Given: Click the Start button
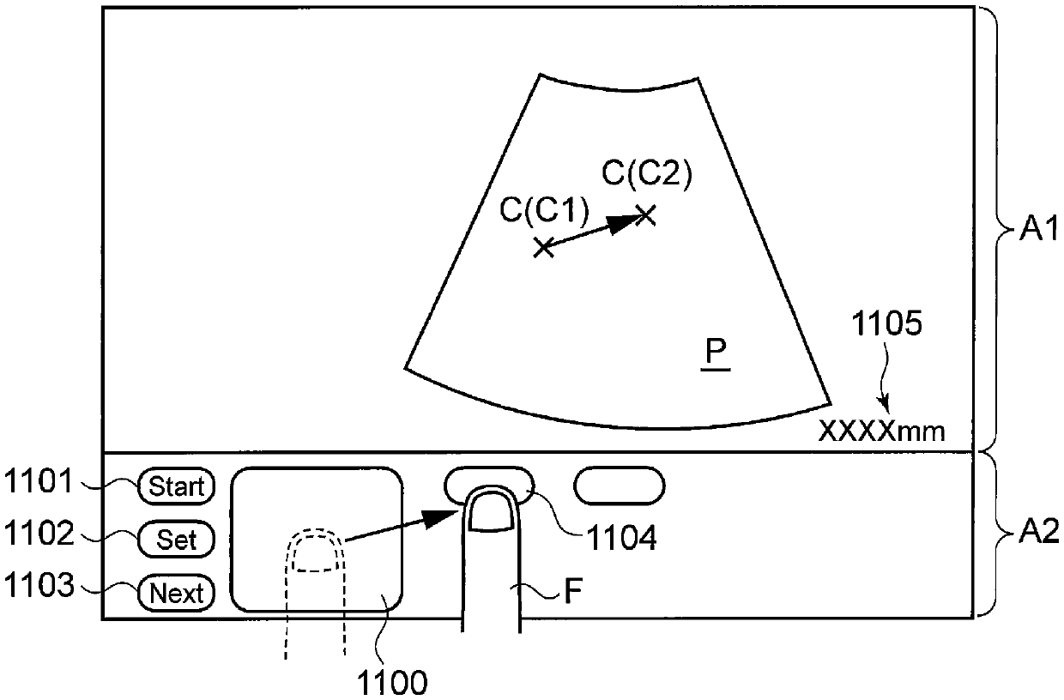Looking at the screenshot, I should click(x=177, y=487).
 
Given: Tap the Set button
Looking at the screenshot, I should click(x=177, y=540).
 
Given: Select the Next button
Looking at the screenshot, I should click(x=177, y=593).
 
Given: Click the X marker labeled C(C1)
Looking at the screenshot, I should click(x=542, y=248).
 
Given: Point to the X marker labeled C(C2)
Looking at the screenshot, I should click(x=646, y=214).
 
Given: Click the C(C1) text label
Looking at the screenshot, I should click(x=545, y=209).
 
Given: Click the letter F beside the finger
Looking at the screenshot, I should click(x=568, y=591).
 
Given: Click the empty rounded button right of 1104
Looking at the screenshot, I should click(x=620, y=485).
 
